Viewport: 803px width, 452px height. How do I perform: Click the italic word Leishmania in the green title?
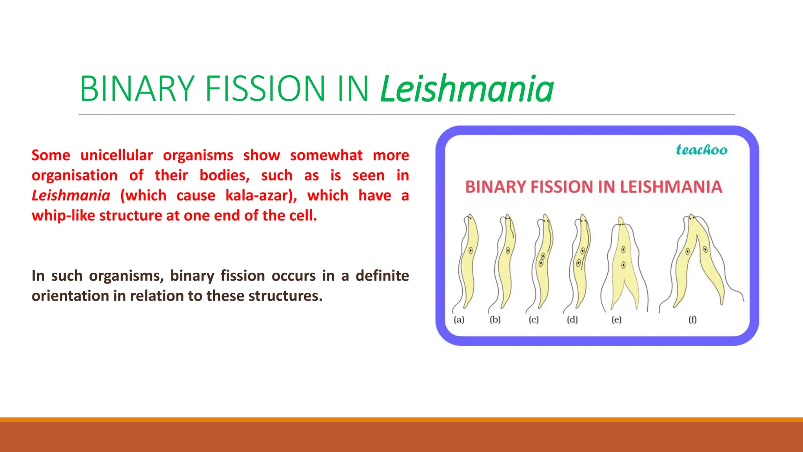(467, 89)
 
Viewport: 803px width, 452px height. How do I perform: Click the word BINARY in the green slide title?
(137, 89)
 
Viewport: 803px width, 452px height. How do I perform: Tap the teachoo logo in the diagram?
(701, 150)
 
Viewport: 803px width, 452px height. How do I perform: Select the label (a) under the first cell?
(459, 320)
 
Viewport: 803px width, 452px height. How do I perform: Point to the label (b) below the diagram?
(495, 320)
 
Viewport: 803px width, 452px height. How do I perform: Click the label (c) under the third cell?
(534, 320)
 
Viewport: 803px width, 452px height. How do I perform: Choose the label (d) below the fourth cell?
(572, 320)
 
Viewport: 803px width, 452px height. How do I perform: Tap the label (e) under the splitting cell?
(616, 320)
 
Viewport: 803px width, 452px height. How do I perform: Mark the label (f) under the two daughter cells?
(693, 320)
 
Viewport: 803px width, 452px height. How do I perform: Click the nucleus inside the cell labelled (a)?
(471, 250)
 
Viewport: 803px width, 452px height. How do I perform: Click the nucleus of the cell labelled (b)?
(508, 250)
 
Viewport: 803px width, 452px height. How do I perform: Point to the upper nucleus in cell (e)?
(623, 250)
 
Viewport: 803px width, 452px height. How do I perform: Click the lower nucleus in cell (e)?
(623, 265)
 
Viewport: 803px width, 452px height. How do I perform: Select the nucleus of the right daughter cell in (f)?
(705, 249)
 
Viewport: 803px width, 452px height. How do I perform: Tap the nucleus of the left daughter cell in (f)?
(687, 252)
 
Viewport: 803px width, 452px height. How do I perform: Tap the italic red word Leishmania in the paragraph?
(71, 195)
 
